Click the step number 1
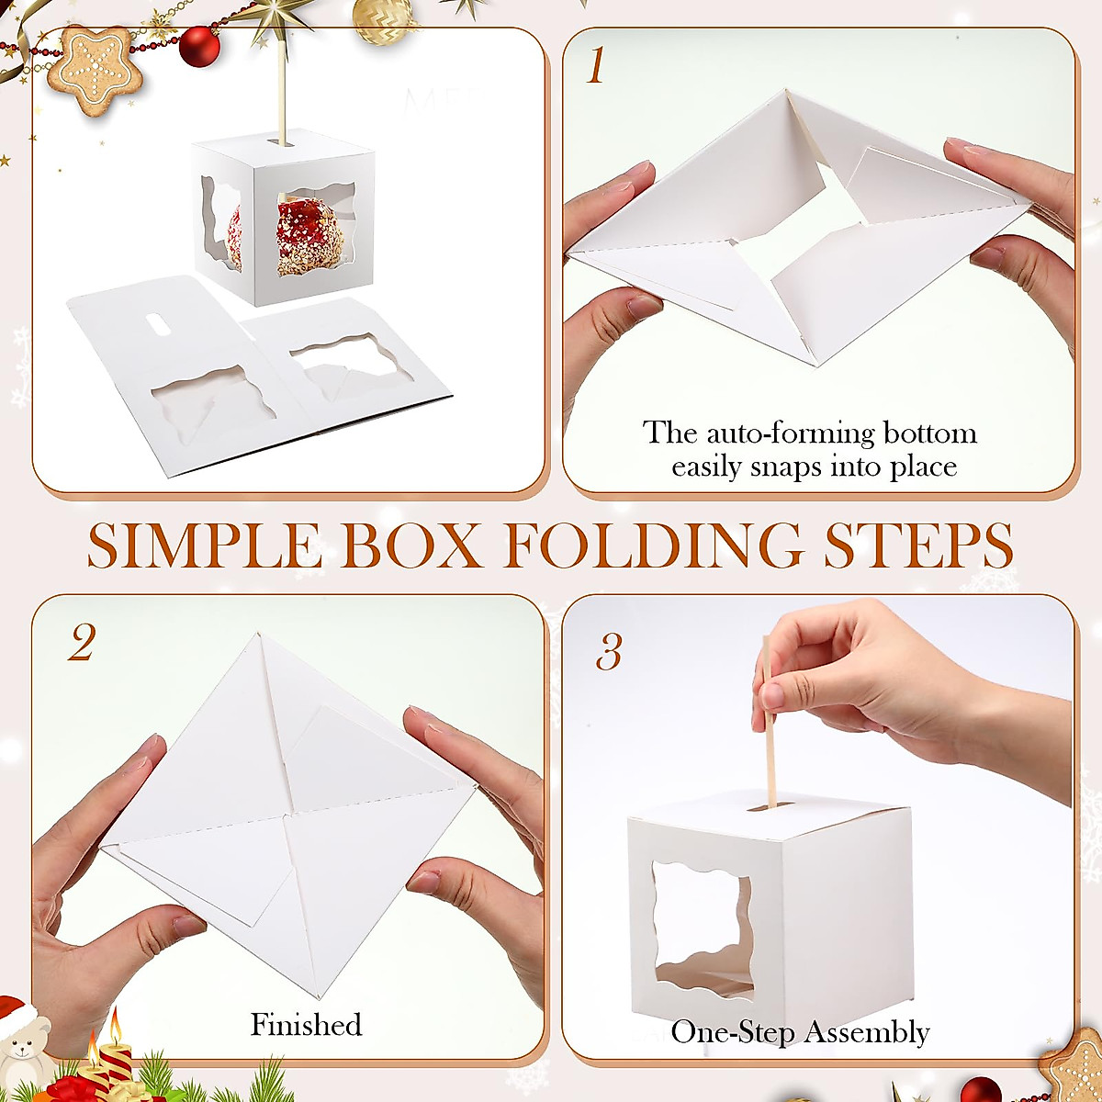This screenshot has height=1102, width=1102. tap(596, 66)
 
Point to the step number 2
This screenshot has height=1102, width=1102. tap(81, 645)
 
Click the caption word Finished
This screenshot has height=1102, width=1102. tap(306, 1024)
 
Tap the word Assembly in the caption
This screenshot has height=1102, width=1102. tap(868, 1032)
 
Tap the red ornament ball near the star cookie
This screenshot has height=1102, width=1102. tap(198, 46)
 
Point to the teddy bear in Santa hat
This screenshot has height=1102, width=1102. tap(23, 1042)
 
